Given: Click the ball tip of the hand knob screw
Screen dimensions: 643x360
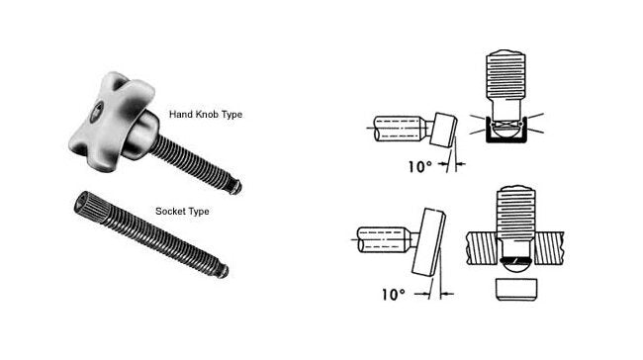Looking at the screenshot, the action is click(x=238, y=186).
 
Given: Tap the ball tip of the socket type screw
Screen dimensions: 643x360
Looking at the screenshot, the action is click(x=227, y=269).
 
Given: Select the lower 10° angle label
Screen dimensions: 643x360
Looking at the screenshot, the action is click(x=392, y=295).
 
